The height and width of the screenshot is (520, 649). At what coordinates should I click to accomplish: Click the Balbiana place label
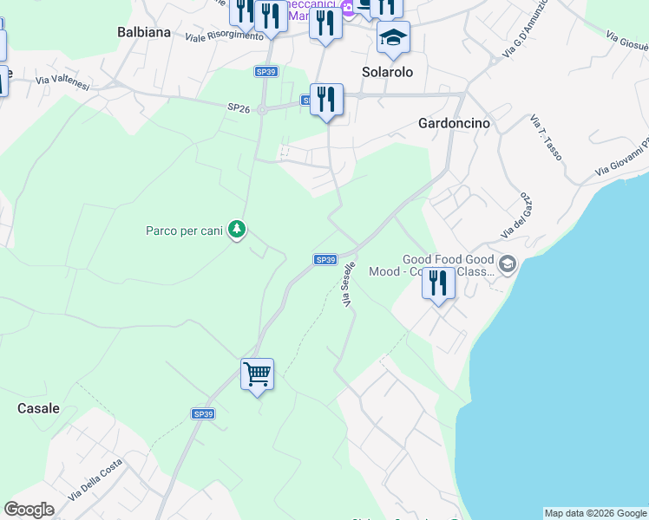143,32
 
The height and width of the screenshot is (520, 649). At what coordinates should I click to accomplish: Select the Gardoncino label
454,123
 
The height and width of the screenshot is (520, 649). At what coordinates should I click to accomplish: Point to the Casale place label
39,408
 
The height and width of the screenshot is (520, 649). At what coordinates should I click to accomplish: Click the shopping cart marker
257,375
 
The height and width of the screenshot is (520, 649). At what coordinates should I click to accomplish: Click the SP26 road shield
239,107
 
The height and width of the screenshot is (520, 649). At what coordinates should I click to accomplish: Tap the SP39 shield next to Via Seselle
324,259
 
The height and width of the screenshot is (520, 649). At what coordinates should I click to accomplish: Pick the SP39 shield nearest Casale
203,414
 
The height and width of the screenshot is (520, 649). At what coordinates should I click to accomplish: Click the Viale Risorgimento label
224,36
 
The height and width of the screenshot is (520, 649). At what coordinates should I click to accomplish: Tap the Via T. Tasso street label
546,140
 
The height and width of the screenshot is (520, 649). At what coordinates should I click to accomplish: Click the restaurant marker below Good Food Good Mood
439,283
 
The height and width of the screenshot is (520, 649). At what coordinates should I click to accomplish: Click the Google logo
29,510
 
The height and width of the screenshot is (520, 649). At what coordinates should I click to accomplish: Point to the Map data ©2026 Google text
595,513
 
